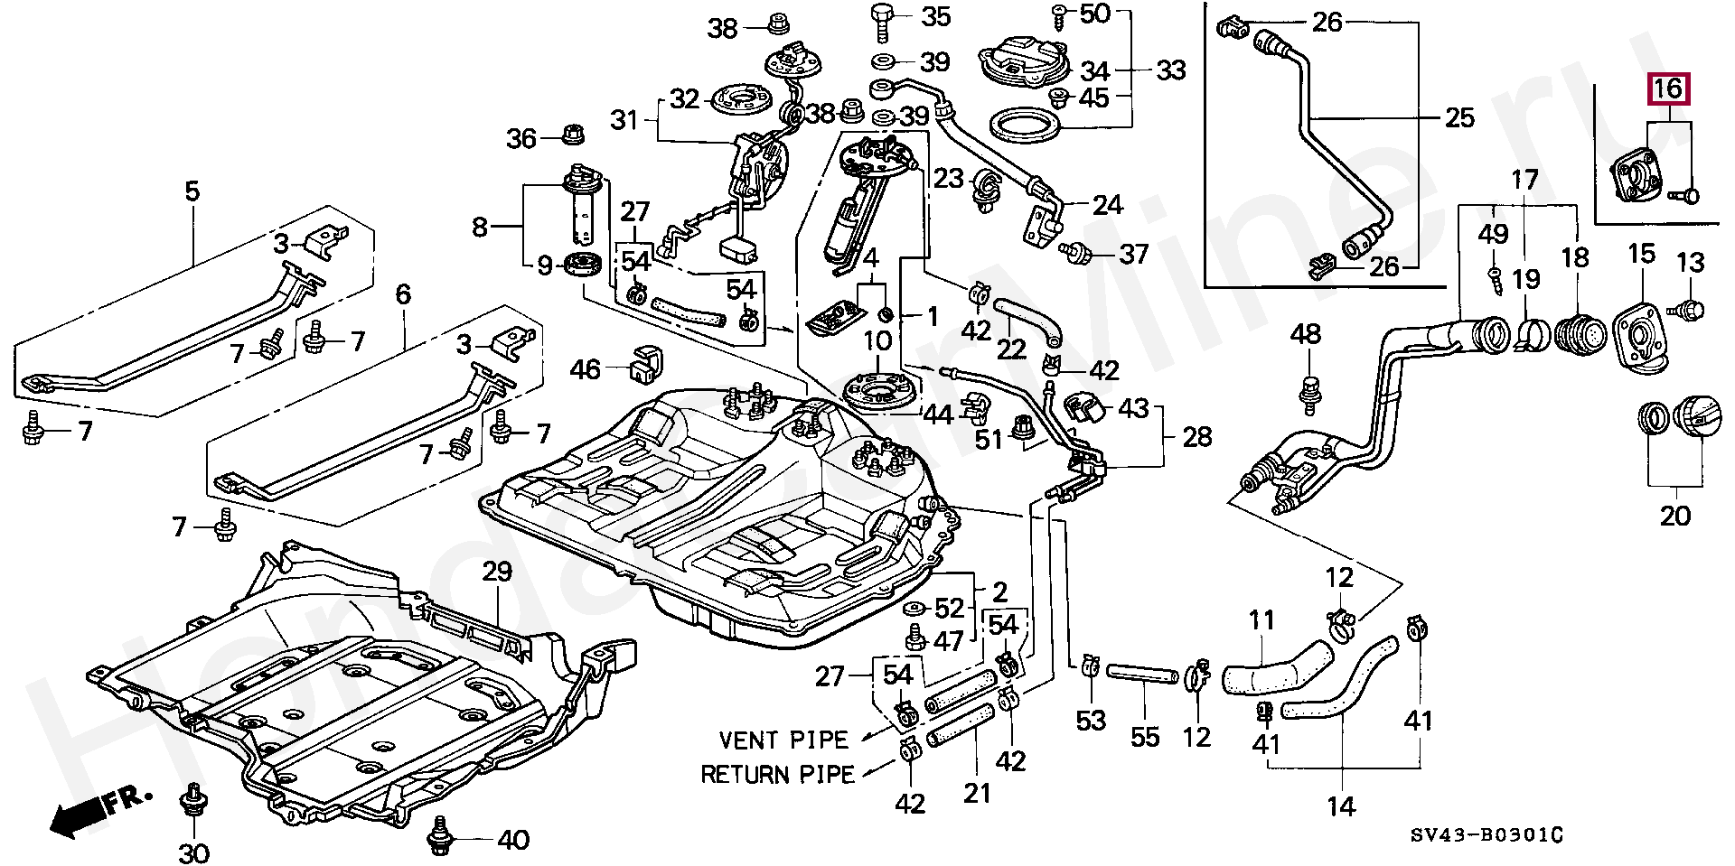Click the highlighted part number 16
[x=1668, y=88]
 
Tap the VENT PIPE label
[x=783, y=740]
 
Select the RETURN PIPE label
[x=777, y=775]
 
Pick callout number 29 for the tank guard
[x=497, y=572]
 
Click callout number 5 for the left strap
[x=192, y=191]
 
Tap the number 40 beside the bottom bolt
[x=513, y=840]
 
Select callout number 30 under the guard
[x=193, y=852]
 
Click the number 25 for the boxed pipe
[x=1459, y=117]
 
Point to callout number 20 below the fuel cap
[x=1674, y=516]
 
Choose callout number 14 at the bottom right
[x=1341, y=806]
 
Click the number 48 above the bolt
[x=1306, y=334]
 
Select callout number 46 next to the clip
[x=585, y=368]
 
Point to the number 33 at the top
[x=1170, y=70]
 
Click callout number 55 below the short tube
[x=1145, y=737]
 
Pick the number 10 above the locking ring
[x=877, y=340]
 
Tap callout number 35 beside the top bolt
[x=935, y=16]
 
